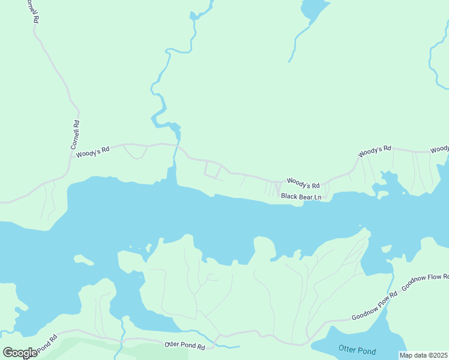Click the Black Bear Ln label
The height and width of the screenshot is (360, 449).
301,196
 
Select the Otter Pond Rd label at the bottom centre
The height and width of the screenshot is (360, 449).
185,346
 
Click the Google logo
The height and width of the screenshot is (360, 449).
20,353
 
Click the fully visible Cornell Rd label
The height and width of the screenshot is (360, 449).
75,135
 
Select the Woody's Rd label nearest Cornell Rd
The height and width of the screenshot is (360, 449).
92,152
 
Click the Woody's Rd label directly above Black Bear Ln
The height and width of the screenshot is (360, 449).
303,181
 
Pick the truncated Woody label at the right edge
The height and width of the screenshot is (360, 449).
439,149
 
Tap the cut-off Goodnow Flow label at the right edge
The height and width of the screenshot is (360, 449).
425,283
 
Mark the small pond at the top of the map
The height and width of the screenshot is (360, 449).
313,8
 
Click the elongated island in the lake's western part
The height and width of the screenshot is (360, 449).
83,260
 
